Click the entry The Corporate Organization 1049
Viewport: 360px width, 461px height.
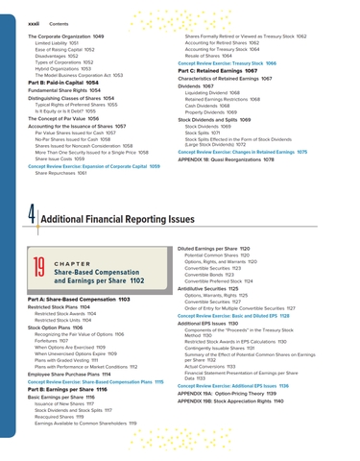click(59, 36)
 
